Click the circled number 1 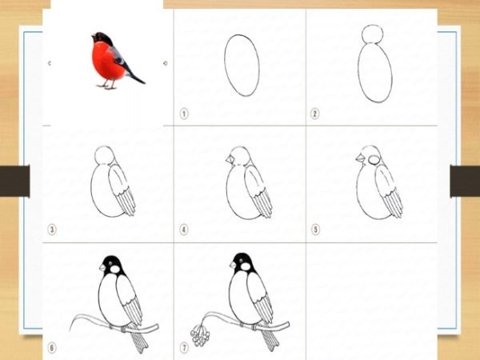(184, 114)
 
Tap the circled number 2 (314, 114)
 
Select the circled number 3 (52, 230)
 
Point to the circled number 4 (184, 230)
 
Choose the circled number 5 (315, 230)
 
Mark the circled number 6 (52, 348)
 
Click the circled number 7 (184, 348)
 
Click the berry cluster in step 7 (200, 336)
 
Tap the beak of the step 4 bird (230, 159)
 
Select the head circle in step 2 (372, 34)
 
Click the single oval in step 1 (242, 66)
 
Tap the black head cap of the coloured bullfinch (103, 38)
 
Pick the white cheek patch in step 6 (114, 269)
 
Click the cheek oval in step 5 (374, 160)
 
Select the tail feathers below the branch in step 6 (139, 342)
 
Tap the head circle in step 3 (105, 156)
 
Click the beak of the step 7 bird (233, 265)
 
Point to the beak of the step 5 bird (359, 158)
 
